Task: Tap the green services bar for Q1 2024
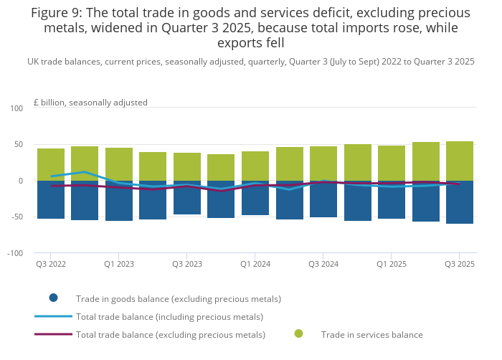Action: pos(255,164)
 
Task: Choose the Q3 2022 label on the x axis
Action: pos(51,265)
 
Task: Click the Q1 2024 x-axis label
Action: pos(255,265)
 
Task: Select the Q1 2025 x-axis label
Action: pos(392,265)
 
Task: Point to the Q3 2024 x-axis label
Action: pos(323,265)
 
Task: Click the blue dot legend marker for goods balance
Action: pos(53,298)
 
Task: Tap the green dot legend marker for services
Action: pos(298,334)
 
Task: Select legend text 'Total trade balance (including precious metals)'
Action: pos(169,317)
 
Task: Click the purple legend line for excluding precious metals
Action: pos(53,334)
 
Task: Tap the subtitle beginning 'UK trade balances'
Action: pos(251,62)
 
